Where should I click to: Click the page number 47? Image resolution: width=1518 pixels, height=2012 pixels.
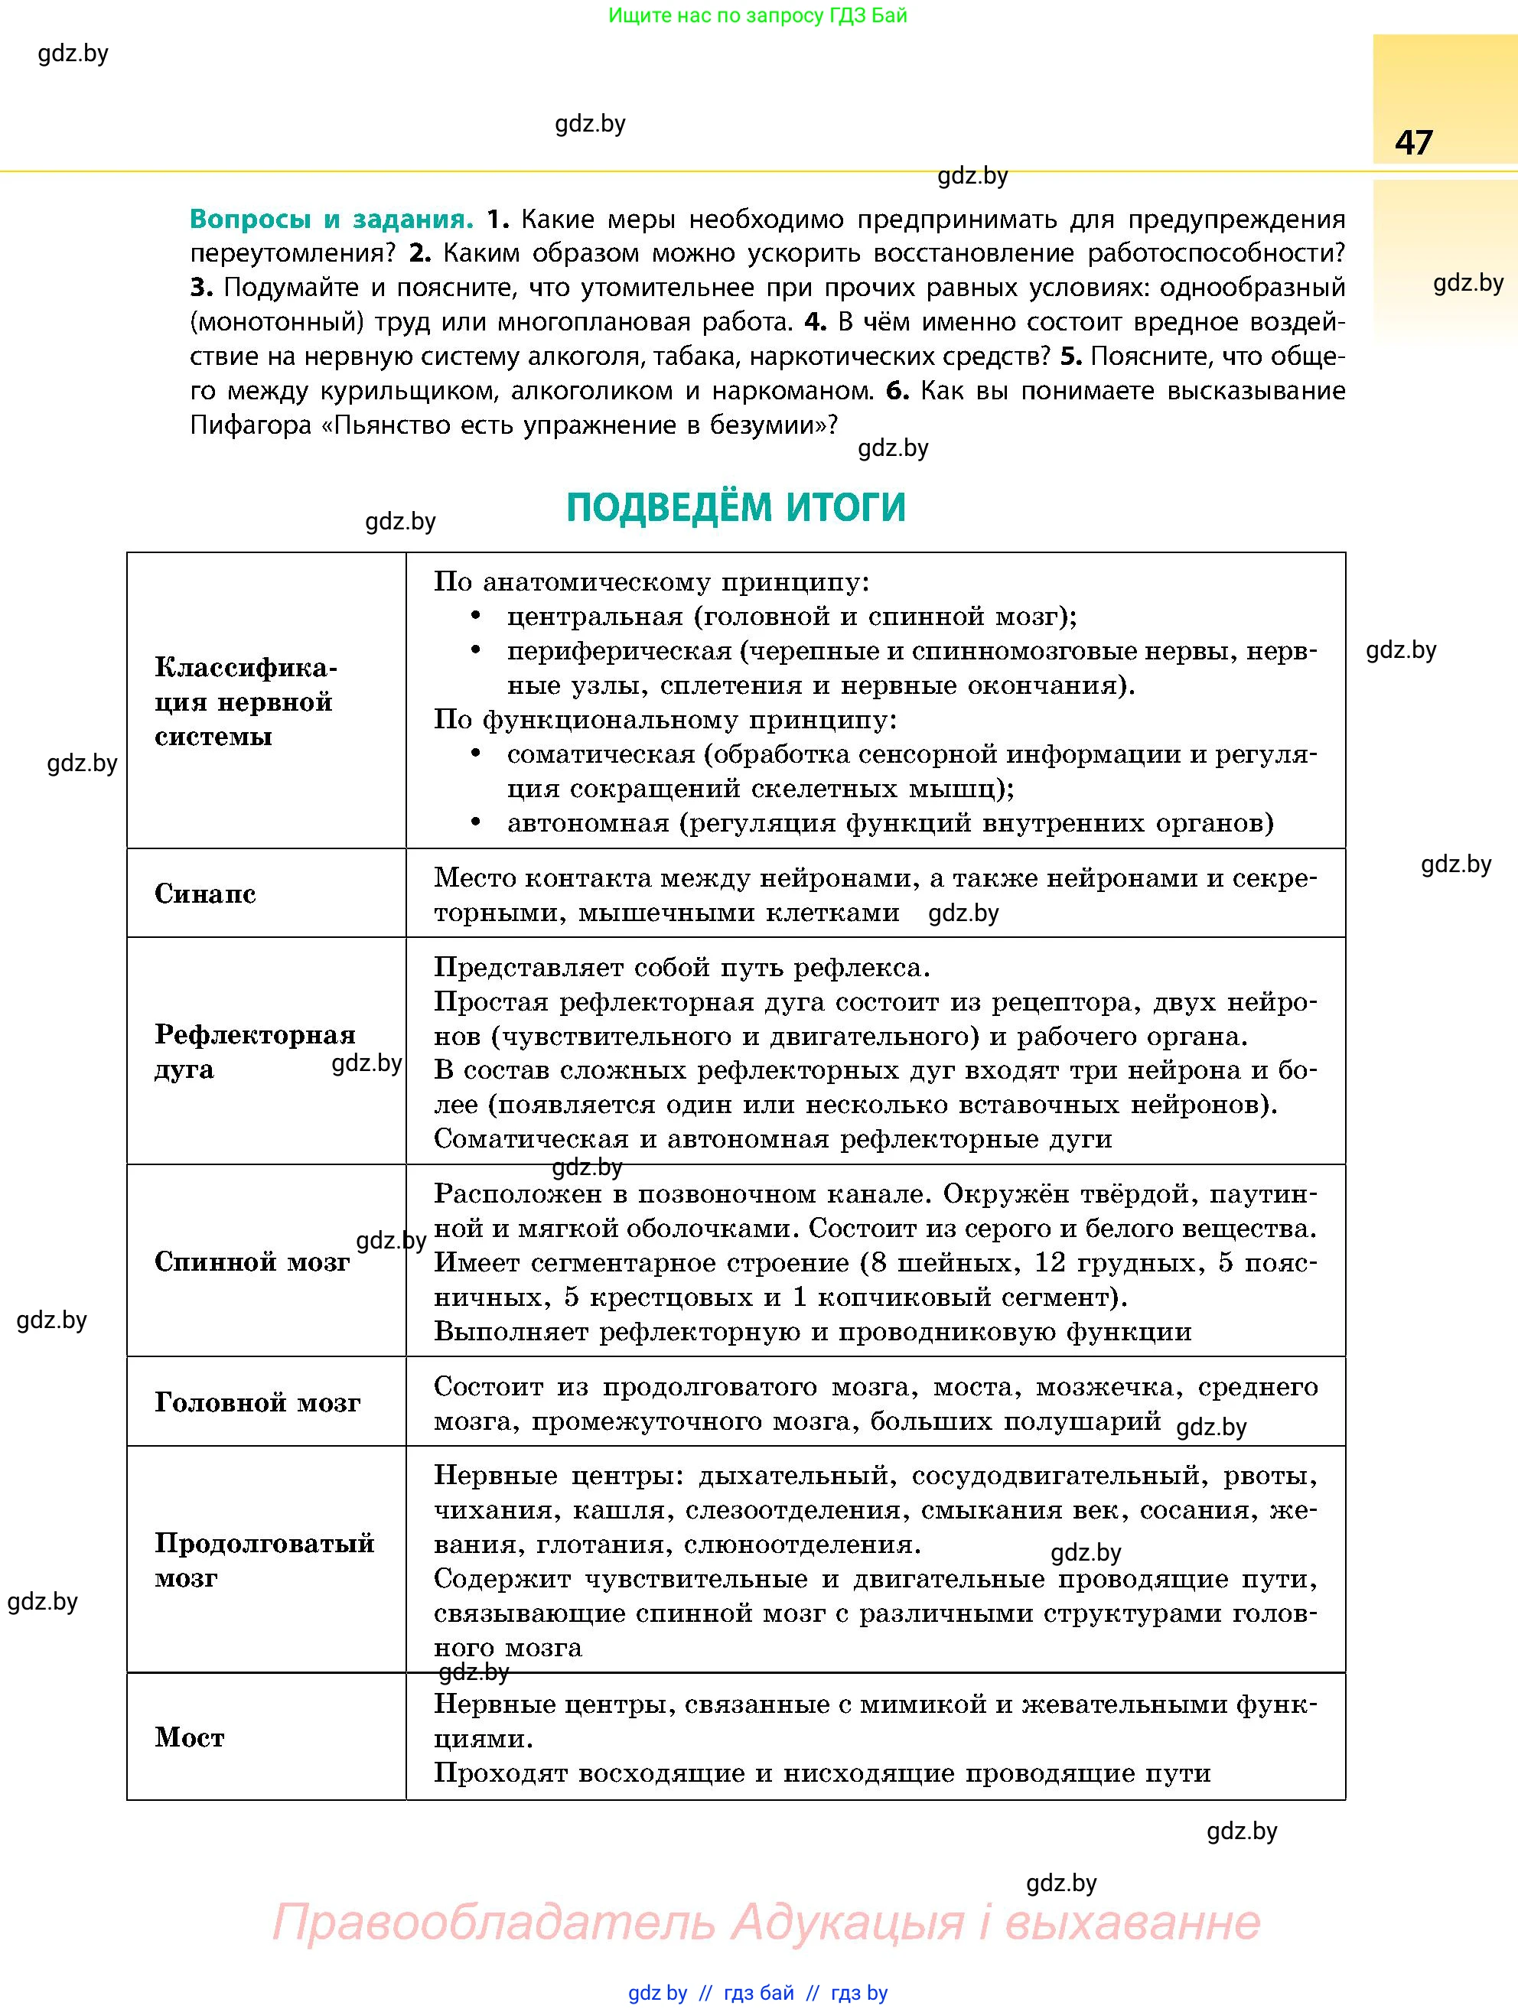[1413, 143]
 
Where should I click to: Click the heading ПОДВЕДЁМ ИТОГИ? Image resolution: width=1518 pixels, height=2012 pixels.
[736, 507]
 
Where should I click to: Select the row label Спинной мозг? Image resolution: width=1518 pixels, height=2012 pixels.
[252, 1262]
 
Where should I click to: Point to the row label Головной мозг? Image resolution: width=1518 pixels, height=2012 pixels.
[257, 1402]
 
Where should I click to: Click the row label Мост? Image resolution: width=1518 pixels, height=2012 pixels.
[189, 1738]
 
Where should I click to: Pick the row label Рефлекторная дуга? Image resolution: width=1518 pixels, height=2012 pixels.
[254, 1051]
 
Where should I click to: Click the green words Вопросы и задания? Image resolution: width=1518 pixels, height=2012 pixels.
[331, 220]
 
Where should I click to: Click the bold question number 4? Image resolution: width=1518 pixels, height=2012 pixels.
[814, 322]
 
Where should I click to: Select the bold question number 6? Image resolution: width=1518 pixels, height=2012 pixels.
[896, 391]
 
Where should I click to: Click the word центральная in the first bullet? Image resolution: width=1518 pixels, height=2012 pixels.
[594, 617]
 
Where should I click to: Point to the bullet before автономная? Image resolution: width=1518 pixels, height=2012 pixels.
[475, 822]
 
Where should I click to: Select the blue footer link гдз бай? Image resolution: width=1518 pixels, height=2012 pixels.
[758, 1993]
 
